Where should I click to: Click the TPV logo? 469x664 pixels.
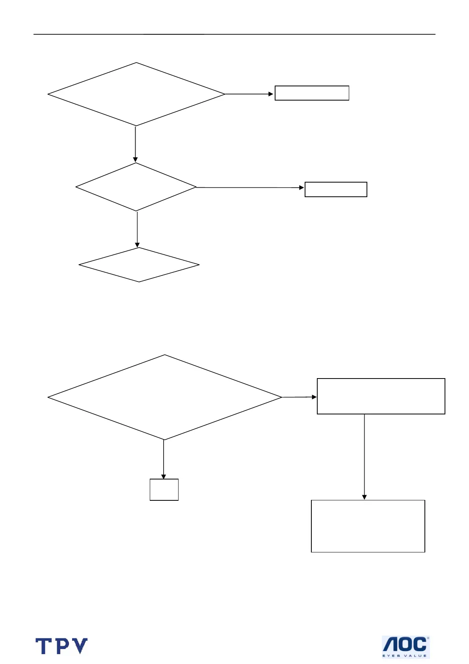(61, 646)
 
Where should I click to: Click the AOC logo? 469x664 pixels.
(406, 647)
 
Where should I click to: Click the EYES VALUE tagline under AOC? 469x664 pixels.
(405, 655)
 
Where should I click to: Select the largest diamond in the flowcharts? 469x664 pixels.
(165, 397)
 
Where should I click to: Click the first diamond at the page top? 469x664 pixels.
(136, 94)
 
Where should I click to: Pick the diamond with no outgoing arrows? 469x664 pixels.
(139, 265)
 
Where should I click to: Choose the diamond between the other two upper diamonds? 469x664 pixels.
(136, 187)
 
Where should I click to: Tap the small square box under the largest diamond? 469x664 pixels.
(164, 490)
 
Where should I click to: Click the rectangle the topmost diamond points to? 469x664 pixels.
(312, 93)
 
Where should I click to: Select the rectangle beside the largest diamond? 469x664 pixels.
(381, 396)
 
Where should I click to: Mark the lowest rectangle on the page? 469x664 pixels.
(368, 526)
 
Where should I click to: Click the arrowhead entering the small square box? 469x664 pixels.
(164, 477)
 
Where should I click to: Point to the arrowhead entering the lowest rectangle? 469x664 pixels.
(364, 498)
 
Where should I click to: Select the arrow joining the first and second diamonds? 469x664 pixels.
(135, 144)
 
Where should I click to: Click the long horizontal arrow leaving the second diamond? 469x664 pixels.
(250, 187)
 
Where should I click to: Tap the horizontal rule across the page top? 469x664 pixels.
(234, 34)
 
